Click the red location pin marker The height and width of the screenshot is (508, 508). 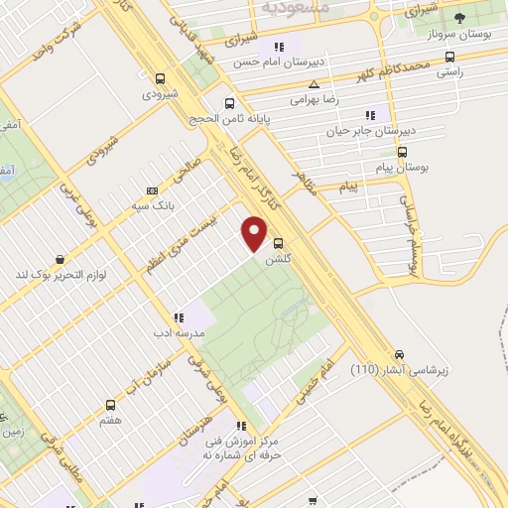click(254, 233)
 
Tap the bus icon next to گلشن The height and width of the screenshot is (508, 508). click(278, 242)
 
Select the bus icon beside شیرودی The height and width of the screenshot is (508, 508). click(161, 78)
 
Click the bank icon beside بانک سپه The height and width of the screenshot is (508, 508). click(151, 190)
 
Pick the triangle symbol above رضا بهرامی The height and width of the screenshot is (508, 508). click(315, 84)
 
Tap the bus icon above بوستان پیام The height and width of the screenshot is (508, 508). click(402, 153)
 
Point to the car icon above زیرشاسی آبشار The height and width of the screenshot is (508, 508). click(399, 354)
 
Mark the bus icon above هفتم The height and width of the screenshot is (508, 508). click(111, 405)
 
